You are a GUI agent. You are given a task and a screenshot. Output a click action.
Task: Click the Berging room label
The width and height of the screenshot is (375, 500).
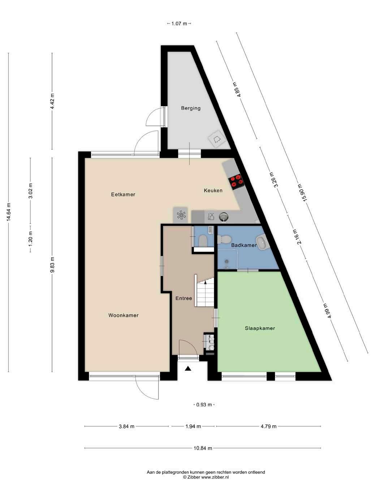(x=191, y=108)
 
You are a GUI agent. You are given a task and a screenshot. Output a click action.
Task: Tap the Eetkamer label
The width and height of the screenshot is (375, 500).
(x=123, y=194)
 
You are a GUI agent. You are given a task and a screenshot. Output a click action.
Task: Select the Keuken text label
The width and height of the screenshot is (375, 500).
(x=213, y=190)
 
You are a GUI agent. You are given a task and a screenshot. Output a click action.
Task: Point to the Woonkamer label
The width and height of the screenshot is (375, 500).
(x=124, y=315)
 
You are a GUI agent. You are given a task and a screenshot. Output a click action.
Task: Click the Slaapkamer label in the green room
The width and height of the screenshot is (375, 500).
(x=260, y=328)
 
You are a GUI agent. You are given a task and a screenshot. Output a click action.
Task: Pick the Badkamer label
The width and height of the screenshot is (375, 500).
(x=244, y=245)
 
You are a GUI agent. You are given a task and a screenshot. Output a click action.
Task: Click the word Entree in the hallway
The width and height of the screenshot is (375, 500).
(x=184, y=298)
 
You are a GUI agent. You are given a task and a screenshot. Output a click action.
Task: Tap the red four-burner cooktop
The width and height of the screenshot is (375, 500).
(x=236, y=181)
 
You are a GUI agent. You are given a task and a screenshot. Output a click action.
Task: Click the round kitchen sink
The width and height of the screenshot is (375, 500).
(x=224, y=216)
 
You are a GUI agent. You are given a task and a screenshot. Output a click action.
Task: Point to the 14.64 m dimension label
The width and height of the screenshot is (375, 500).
(x=9, y=212)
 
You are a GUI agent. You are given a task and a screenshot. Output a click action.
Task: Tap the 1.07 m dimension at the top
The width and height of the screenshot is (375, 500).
(x=179, y=23)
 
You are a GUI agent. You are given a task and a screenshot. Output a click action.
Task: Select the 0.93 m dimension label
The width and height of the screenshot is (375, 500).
(x=204, y=405)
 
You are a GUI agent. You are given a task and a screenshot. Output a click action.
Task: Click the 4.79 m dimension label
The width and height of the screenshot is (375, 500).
(x=268, y=426)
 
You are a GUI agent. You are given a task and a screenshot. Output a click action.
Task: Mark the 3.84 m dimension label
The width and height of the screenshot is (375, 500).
(x=126, y=426)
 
